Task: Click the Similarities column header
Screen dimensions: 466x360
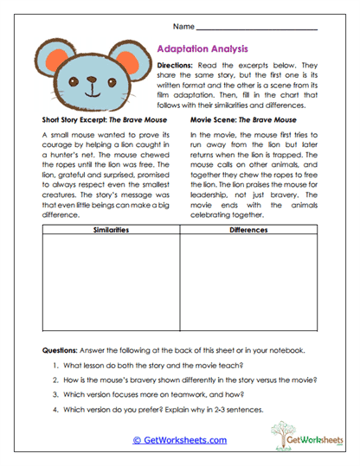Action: coord(110,231)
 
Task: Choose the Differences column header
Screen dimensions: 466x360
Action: coord(248,231)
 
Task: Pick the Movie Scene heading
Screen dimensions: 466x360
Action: coord(242,119)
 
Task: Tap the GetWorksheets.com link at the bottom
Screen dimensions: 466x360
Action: coord(180,440)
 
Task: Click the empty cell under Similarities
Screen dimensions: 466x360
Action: coord(110,285)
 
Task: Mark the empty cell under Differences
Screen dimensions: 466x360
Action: coord(248,285)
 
